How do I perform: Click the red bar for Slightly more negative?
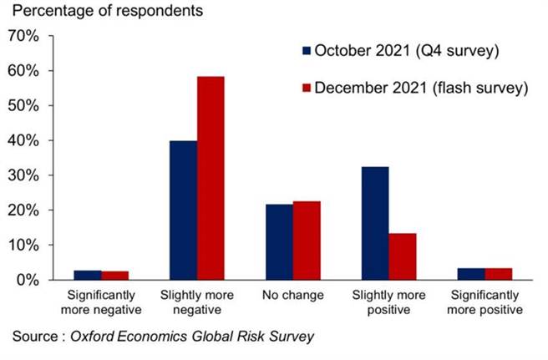tap(211, 178)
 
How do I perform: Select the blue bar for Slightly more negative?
tap(183, 210)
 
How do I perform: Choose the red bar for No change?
tap(307, 241)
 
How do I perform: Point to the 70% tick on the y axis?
tap(23, 37)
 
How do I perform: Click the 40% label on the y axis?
tap(23, 141)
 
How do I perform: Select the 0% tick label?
tap(27, 280)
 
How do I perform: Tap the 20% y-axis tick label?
tap(23, 210)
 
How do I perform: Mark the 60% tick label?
tap(23, 72)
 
